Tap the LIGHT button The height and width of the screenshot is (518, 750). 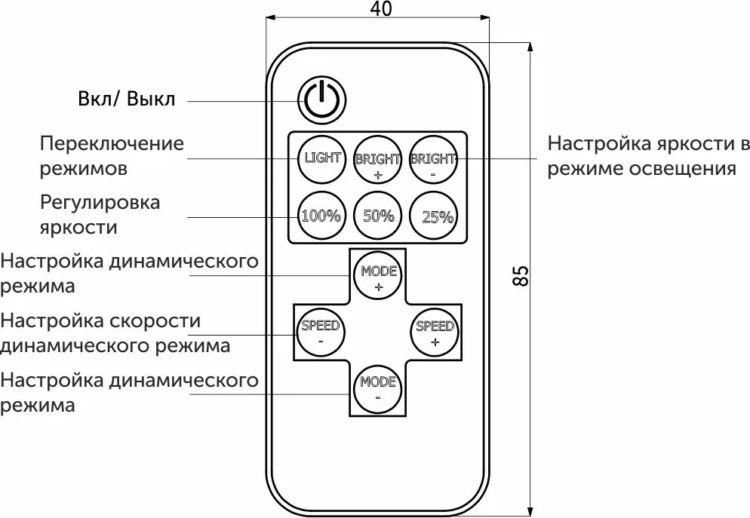click(x=322, y=159)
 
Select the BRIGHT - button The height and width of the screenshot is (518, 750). click(x=433, y=160)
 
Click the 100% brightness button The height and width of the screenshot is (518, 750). click(x=321, y=216)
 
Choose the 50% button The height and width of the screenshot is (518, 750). click(x=378, y=216)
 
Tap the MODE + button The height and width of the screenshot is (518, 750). click(x=378, y=277)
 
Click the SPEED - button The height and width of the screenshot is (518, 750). click(x=321, y=333)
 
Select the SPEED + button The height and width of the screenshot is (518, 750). click(x=435, y=333)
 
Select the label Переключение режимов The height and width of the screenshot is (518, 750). click(x=112, y=155)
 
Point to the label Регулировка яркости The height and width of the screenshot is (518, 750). click(x=100, y=214)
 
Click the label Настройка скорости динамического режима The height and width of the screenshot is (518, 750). click(x=115, y=333)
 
